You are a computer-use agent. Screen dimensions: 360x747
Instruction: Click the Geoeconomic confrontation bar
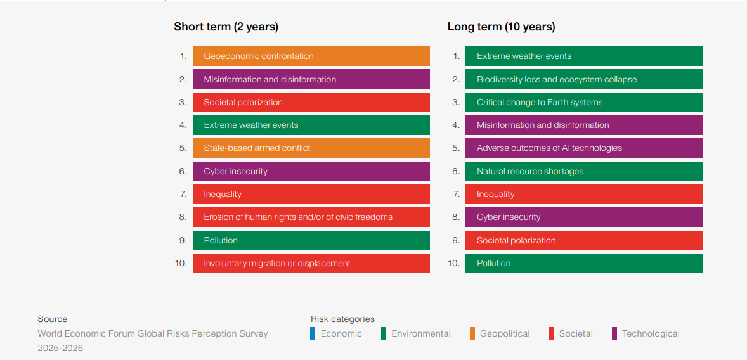pyautogui.click(x=311, y=56)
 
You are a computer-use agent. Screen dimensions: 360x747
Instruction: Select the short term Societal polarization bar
pyautogui.click(x=311, y=102)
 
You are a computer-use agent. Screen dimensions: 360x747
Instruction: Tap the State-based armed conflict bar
pyautogui.click(x=311, y=148)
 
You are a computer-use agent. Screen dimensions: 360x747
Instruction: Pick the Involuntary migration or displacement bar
pyautogui.click(x=311, y=263)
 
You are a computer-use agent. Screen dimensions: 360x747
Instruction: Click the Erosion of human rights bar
pyautogui.click(x=311, y=217)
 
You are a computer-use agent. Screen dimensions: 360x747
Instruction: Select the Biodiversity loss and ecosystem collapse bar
pyautogui.click(x=583, y=79)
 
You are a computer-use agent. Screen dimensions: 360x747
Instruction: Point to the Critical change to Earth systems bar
pyautogui.click(x=583, y=102)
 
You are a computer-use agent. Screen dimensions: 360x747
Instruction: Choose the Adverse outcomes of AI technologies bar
pyautogui.click(x=583, y=148)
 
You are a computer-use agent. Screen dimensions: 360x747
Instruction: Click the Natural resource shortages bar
pyautogui.click(x=583, y=171)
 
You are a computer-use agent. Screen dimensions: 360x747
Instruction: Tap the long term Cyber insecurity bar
pyautogui.click(x=583, y=217)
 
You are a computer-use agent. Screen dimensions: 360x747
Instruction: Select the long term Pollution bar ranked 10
pyautogui.click(x=583, y=263)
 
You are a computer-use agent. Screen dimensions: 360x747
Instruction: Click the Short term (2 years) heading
pyautogui.click(x=226, y=27)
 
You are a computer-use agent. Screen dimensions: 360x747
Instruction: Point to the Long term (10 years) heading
pyautogui.click(x=501, y=27)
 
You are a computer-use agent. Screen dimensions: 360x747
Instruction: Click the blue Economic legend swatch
pyautogui.click(x=313, y=333)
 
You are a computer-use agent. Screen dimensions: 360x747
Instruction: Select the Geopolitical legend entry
pyautogui.click(x=504, y=333)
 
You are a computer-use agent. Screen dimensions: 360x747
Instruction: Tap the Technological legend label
pyautogui.click(x=650, y=333)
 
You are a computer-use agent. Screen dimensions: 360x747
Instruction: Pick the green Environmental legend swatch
pyautogui.click(x=384, y=333)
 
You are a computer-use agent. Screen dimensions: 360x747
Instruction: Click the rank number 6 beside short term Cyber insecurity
pyautogui.click(x=183, y=171)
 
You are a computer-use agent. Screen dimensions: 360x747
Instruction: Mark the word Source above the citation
pyautogui.click(x=52, y=319)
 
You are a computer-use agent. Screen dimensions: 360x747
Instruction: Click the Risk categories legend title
pyautogui.click(x=342, y=319)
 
